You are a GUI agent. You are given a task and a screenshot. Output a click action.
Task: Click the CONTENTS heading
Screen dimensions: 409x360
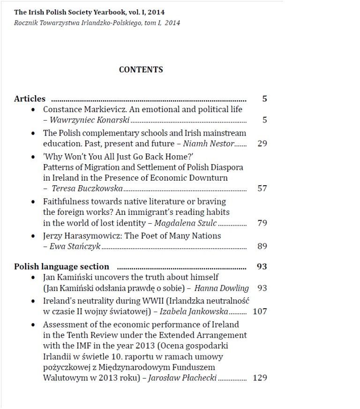[x=141, y=70]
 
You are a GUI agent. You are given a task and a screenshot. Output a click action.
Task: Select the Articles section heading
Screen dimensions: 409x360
[x=30, y=99]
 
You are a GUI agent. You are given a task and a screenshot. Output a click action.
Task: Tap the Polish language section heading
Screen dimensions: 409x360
[x=61, y=267]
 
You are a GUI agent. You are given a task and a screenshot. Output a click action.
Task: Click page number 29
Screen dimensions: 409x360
[x=262, y=144]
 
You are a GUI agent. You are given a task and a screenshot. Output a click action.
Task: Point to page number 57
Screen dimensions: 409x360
[x=262, y=189]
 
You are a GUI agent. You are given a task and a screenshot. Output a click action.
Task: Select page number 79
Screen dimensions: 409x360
[x=262, y=223]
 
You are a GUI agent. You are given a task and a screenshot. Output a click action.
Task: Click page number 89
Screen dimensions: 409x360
[x=262, y=246]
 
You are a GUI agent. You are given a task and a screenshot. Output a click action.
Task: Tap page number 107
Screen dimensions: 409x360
[x=260, y=311]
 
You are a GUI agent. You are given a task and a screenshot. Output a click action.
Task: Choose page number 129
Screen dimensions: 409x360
[x=260, y=378]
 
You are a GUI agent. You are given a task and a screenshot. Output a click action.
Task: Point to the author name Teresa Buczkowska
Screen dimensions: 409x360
[x=87, y=189]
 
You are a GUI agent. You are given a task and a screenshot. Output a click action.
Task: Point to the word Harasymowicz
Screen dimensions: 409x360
[x=91, y=236]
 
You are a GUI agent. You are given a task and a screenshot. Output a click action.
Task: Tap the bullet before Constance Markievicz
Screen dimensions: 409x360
[x=33, y=110]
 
